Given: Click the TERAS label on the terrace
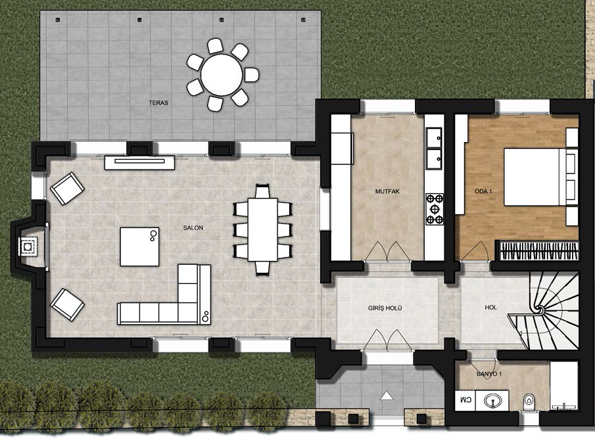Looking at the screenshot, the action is coord(158,103).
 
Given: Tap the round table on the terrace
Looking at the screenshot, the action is coord(222,75).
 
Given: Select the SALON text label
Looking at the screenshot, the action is coord(193,228).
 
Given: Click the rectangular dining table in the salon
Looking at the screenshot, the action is coord(262,229).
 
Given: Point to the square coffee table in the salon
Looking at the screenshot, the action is coord(139,246).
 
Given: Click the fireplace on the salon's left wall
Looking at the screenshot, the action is coord(28,246).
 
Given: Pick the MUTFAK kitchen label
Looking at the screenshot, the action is coord(387,192).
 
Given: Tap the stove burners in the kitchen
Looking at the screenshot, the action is coord(435,209).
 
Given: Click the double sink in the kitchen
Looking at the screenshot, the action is coord(434,149).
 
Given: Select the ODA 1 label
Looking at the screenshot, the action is coord(483,192).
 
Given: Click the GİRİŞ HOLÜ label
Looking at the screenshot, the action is coord(385,308).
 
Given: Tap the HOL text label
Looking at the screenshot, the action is coord(490,308).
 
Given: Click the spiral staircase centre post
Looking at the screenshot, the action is coord(539,310).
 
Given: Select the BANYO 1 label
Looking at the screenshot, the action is coord(489,374).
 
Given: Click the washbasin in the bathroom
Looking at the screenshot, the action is coord(492,400).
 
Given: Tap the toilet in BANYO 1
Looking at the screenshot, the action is coord(528,401).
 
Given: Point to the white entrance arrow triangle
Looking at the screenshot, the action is coord(387,396).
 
